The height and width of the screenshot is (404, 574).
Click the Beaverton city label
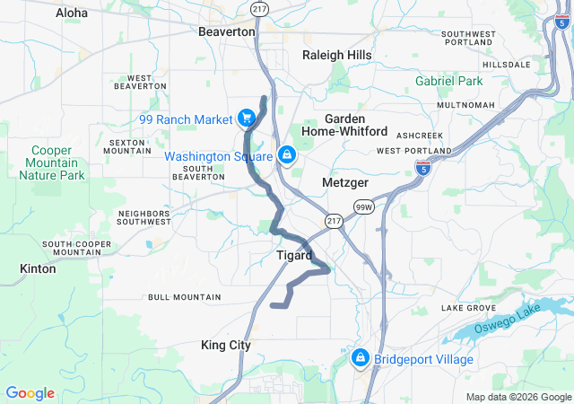(x=226, y=31)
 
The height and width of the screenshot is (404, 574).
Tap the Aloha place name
(x=72, y=13)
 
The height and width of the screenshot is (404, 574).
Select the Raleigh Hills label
(x=336, y=55)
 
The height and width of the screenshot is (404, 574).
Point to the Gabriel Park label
(x=448, y=81)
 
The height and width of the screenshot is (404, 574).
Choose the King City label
(x=226, y=345)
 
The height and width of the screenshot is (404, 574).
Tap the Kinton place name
(x=37, y=268)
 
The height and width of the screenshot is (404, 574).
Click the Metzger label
(x=346, y=183)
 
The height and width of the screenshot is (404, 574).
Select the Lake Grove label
(x=469, y=308)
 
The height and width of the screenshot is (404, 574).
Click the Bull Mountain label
(x=184, y=296)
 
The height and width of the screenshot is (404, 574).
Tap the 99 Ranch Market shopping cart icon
(x=245, y=119)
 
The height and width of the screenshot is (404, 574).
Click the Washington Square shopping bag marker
(x=286, y=155)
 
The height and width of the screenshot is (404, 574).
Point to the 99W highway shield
(x=362, y=207)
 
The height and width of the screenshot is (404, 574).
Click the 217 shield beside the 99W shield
(x=334, y=220)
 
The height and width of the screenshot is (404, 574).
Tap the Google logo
(x=30, y=393)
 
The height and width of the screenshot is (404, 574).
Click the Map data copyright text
(x=517, y=398)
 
